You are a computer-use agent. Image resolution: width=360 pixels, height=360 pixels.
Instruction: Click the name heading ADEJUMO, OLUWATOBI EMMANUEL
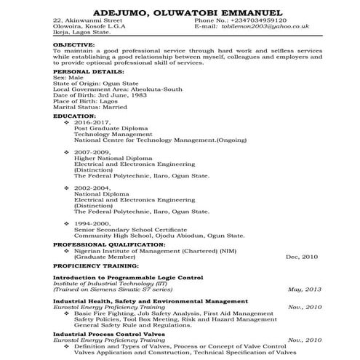coord(180,12)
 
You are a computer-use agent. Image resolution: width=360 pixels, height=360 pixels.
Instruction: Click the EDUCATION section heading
coord(74,116)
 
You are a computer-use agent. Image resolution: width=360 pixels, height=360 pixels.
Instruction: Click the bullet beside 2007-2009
coord(67,151)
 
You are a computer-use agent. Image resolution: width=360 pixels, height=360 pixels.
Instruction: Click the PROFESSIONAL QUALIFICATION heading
coord(105,244)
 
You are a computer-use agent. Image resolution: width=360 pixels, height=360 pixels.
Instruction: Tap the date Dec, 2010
coord(303,257)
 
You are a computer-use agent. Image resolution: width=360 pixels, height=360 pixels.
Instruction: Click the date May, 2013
coord(304,289)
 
